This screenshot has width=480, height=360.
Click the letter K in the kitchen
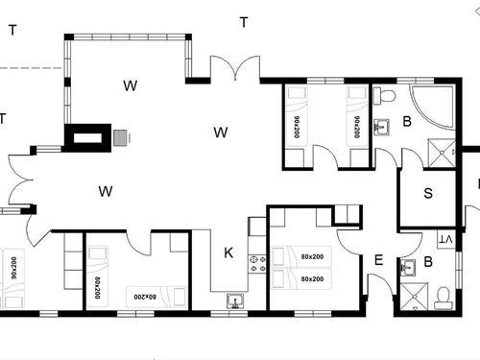pos(228,253)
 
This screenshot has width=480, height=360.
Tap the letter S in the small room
pos(428,193)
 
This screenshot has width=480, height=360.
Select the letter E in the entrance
pos(378,259)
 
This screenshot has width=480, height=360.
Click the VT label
pos(444,239)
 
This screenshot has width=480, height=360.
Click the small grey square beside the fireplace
pos(121,137)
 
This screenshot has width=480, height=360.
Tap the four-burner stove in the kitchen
pos(256,262)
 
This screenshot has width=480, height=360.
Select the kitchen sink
pos(235,301)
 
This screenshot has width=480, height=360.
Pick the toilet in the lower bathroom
pos(443,296)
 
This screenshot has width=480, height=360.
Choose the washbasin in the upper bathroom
pos(381,126)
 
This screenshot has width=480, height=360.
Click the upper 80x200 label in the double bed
pos(312,257)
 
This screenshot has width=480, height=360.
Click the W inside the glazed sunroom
pos(130,85)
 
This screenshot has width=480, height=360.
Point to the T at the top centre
pos(244,23)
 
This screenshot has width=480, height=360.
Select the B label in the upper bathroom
pos(407,122)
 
